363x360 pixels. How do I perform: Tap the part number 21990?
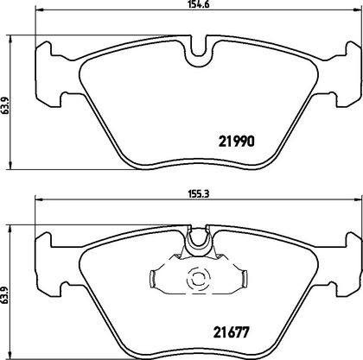pyautogui.click(x=237, y=142)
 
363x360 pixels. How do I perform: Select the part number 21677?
pyautogui.click(x=231, y=332)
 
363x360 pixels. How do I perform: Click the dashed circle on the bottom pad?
pyautogui.click(x=199, y=279)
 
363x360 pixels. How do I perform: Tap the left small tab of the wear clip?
pyautogui.click(x=153, y=278)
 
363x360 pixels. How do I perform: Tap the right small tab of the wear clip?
pyautogui.click(x=244, y=278)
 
